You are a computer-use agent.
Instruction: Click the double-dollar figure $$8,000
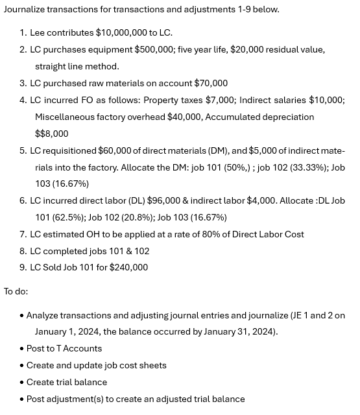[51, 134]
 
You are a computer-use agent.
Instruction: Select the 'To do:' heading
[16, 291]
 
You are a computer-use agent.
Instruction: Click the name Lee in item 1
[38, 32]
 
